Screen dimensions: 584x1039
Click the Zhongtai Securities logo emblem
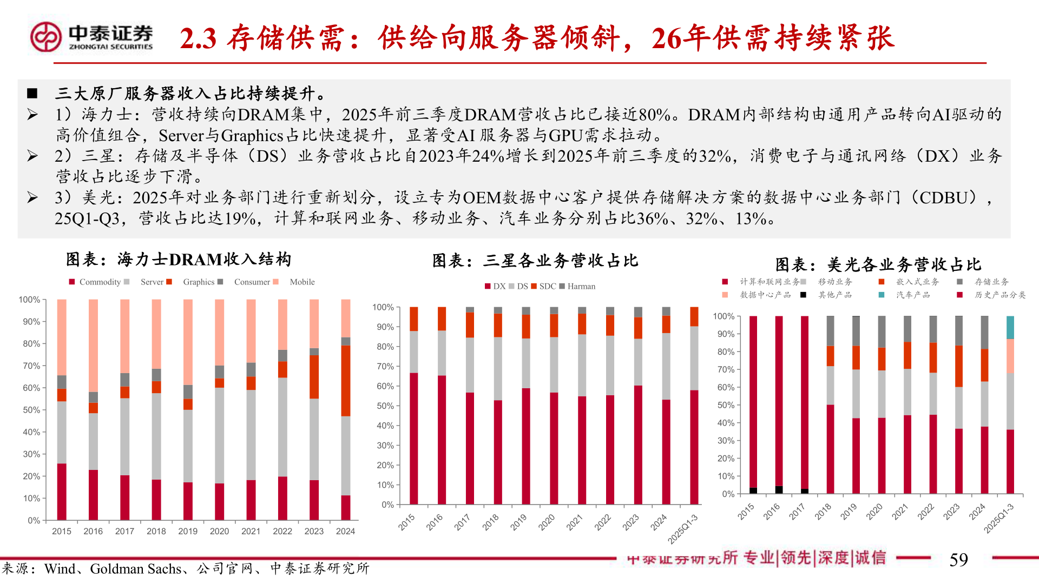click(45, 37)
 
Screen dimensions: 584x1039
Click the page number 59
click(958, 560)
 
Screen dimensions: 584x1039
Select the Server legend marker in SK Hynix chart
click(127, 282)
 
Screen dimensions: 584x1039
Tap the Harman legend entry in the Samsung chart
click(577, 286)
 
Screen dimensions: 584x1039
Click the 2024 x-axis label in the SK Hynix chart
click(345, 531)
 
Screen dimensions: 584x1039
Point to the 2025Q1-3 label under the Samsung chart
click(683, 529)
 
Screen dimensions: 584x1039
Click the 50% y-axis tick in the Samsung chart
click(385, 406)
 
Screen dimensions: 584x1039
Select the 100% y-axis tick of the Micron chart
click(723, 316)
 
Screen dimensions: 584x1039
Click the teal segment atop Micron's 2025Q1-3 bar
click(1010, 328)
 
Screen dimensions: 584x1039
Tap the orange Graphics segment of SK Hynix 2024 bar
click(345, 381)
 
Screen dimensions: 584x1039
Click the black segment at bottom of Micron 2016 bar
click(779, 490)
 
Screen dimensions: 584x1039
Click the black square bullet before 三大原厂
click(32, 94)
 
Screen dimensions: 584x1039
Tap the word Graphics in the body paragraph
click(252, 135)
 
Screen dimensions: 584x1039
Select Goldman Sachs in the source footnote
click(135, 569)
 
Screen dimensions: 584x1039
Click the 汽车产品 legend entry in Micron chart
click(912, 295)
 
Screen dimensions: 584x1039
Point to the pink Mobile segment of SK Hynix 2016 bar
click(93, 346)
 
